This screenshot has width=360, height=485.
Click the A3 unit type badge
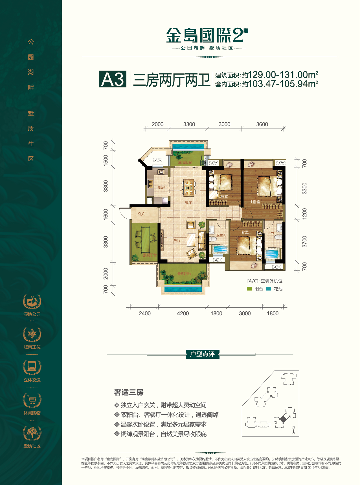113,79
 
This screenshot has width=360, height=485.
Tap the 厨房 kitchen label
161,187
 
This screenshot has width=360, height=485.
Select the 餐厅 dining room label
188,203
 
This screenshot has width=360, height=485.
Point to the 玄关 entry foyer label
141,214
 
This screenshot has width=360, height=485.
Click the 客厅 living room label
177,241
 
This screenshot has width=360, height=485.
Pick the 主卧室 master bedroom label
255,202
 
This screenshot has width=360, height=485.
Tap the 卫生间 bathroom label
221,235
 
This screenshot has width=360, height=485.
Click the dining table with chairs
189,188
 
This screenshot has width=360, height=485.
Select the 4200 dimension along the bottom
183,313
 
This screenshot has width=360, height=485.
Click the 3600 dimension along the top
262,124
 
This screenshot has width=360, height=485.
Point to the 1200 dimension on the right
304,214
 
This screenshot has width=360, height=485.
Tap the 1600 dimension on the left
106,214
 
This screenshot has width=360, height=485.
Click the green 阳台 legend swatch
249,289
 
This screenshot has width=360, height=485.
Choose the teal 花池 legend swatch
269,289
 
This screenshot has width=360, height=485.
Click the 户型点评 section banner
202,354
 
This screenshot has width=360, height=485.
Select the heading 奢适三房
129,392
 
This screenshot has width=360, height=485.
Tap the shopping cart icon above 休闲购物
32,400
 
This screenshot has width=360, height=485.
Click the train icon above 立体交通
32,367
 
